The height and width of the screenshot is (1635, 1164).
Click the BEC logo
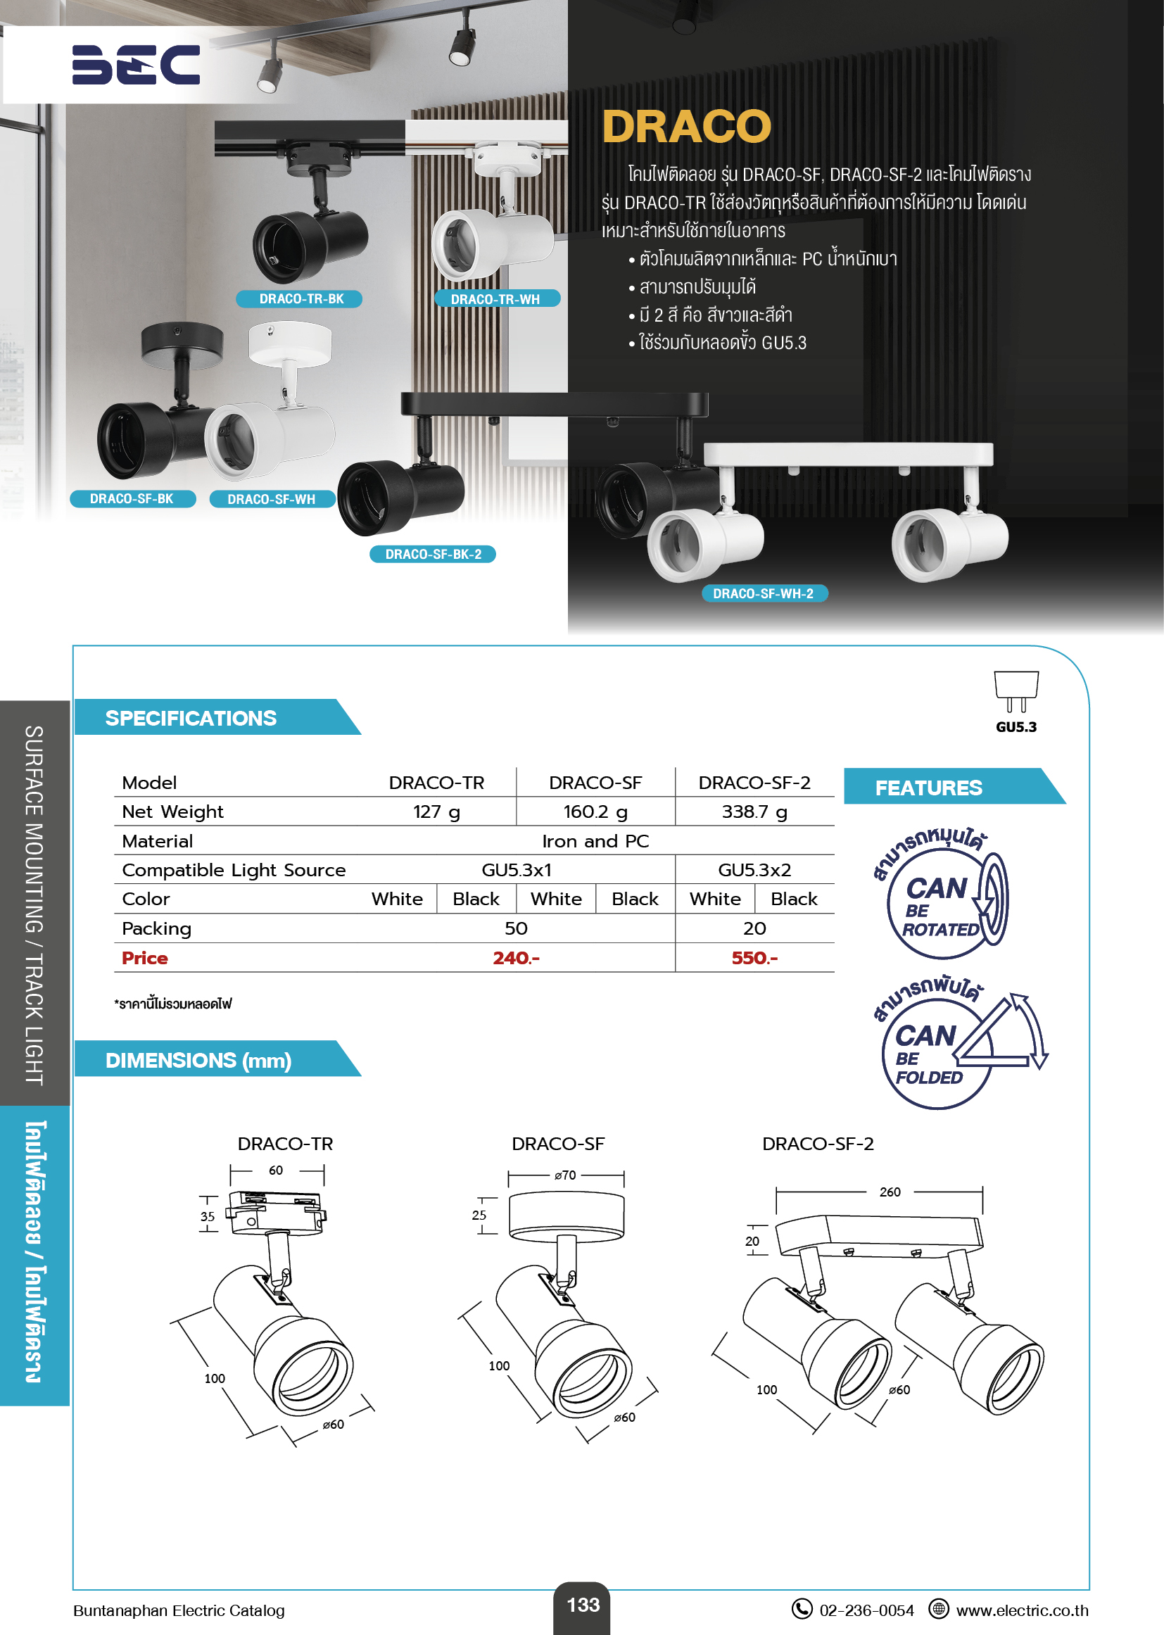coord(137,65)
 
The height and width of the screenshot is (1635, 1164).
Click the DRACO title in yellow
coord(686,127)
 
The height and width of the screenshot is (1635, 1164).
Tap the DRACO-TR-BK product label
coord(301,299)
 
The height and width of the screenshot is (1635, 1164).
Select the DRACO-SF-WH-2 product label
coord(764,593)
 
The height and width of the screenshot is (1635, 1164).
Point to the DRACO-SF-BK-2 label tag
coord(433,554)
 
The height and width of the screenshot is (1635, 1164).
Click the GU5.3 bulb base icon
coord(1016,693)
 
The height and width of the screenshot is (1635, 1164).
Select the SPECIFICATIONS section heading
coord(191,717)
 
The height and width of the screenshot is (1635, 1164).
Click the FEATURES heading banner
coord(928,787)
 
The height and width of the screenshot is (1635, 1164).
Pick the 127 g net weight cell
coord(436,812)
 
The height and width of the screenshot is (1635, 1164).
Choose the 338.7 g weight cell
coord(754,812)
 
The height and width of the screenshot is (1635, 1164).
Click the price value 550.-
coord(754,958)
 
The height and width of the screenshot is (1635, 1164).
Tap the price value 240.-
coord(516,958)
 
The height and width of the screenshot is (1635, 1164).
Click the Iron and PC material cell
coord(595,841)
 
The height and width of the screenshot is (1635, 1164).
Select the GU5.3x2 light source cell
coord(754,869)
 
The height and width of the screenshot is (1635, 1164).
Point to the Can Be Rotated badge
coord(940,896)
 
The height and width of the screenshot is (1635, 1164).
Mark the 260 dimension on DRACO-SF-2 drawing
coord(890,1192)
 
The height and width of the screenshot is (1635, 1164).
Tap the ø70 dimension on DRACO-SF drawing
coord(565,1175)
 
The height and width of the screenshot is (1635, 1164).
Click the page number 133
coord(583,1605)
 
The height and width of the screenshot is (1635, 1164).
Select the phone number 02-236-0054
coord(866,1610)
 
